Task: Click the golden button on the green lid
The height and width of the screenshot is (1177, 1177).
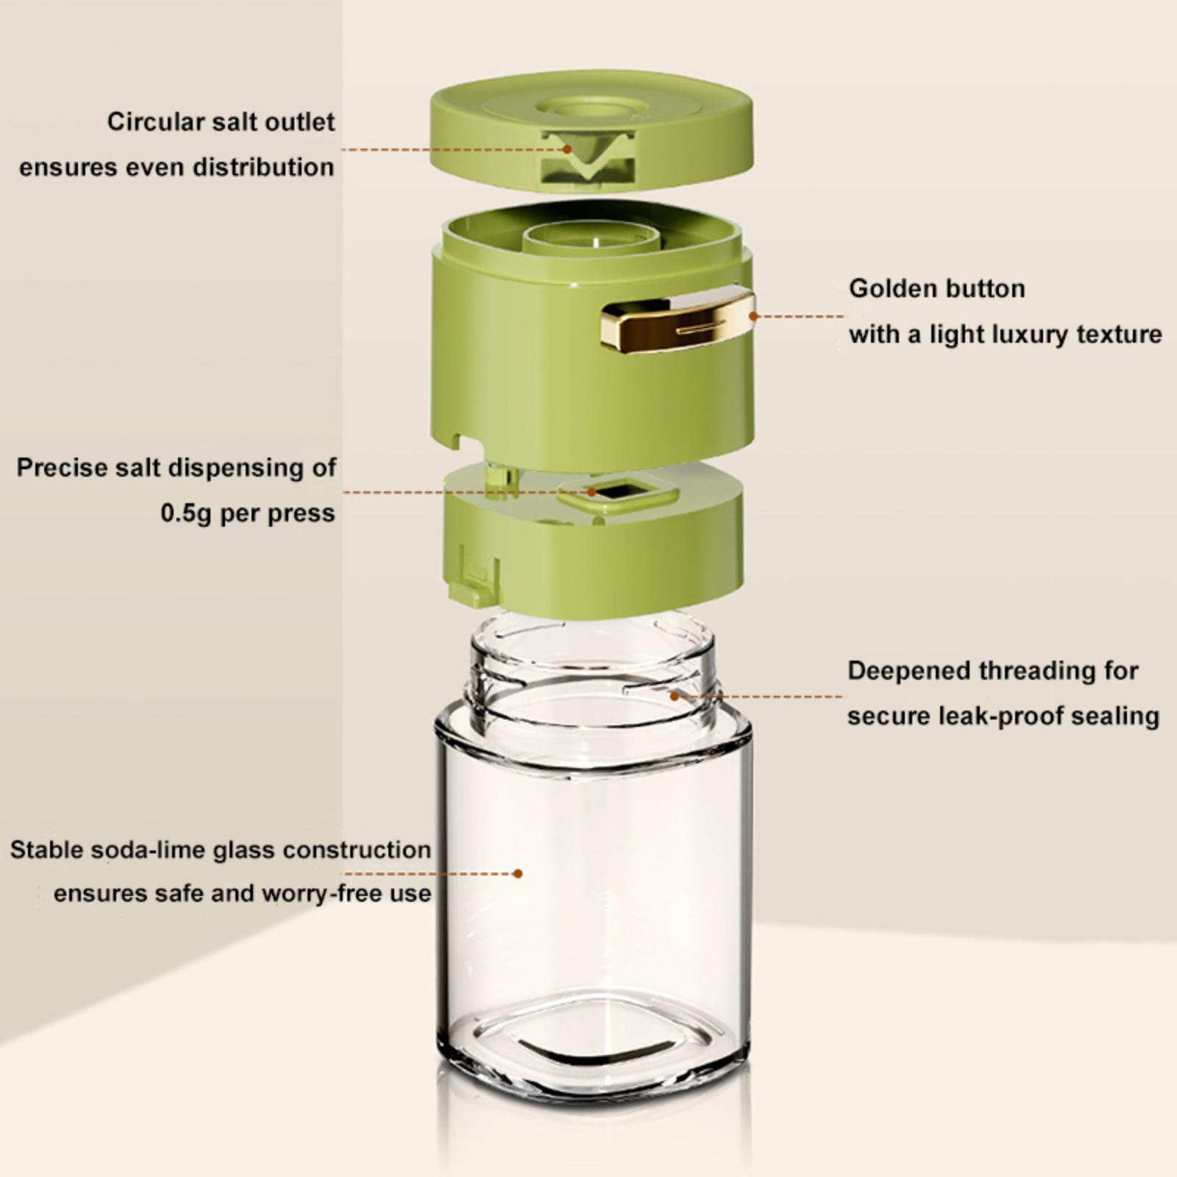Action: click(677, 319)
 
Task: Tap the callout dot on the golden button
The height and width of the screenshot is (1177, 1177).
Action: click(753, 316)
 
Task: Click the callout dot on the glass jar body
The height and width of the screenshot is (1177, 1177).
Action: click(518, 873)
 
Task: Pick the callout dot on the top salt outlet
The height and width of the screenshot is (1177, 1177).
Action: click(567, 149)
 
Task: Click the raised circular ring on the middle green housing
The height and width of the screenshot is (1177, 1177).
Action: click(590, 239)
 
